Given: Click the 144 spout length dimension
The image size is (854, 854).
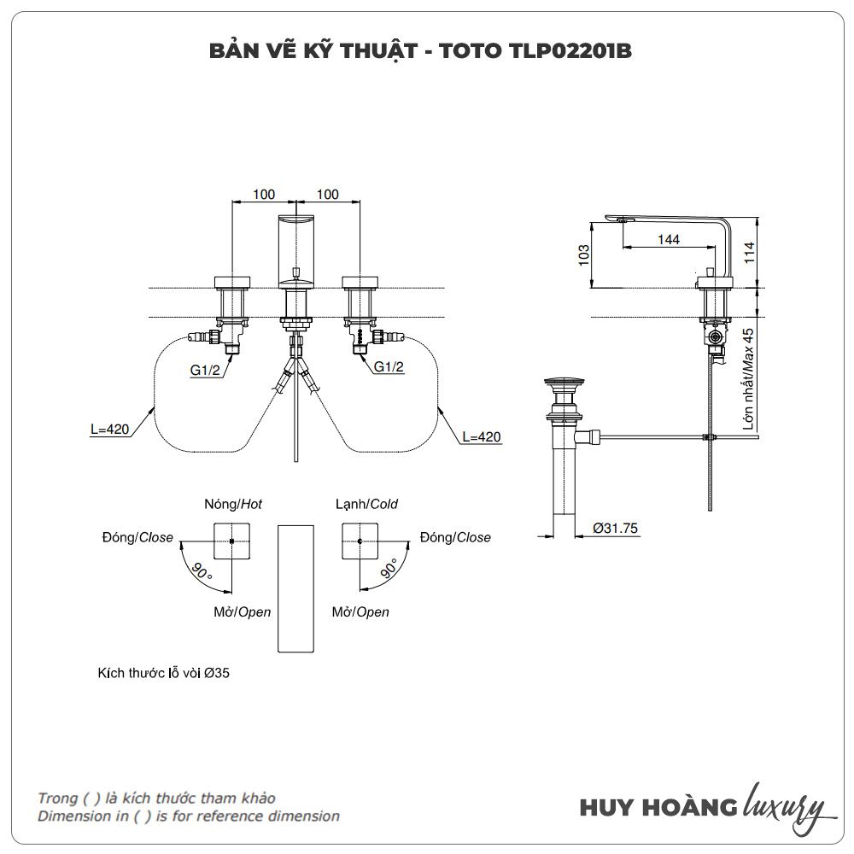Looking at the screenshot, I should pos(669,240).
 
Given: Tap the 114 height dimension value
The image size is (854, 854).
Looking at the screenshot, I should pos(749,252).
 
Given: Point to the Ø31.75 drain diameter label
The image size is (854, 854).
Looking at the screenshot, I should pos(616,529).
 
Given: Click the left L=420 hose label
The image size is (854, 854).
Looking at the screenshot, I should pos(108,430).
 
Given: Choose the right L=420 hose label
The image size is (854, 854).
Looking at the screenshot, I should pos(481,437).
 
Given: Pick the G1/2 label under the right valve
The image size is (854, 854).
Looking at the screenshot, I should pos(389,367).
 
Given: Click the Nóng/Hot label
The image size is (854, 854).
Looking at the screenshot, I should pos(232,505).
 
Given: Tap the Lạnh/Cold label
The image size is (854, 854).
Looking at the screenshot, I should pos(366,505).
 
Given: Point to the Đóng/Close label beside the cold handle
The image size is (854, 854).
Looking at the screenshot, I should pos(455,537).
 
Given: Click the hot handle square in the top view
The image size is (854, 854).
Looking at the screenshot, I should pos(231,541).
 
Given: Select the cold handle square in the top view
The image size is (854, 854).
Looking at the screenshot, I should pos(361,541).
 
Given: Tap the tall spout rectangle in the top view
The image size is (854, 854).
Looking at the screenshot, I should pos(295,588).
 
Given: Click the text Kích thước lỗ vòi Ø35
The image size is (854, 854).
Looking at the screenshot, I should pos(164,673).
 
